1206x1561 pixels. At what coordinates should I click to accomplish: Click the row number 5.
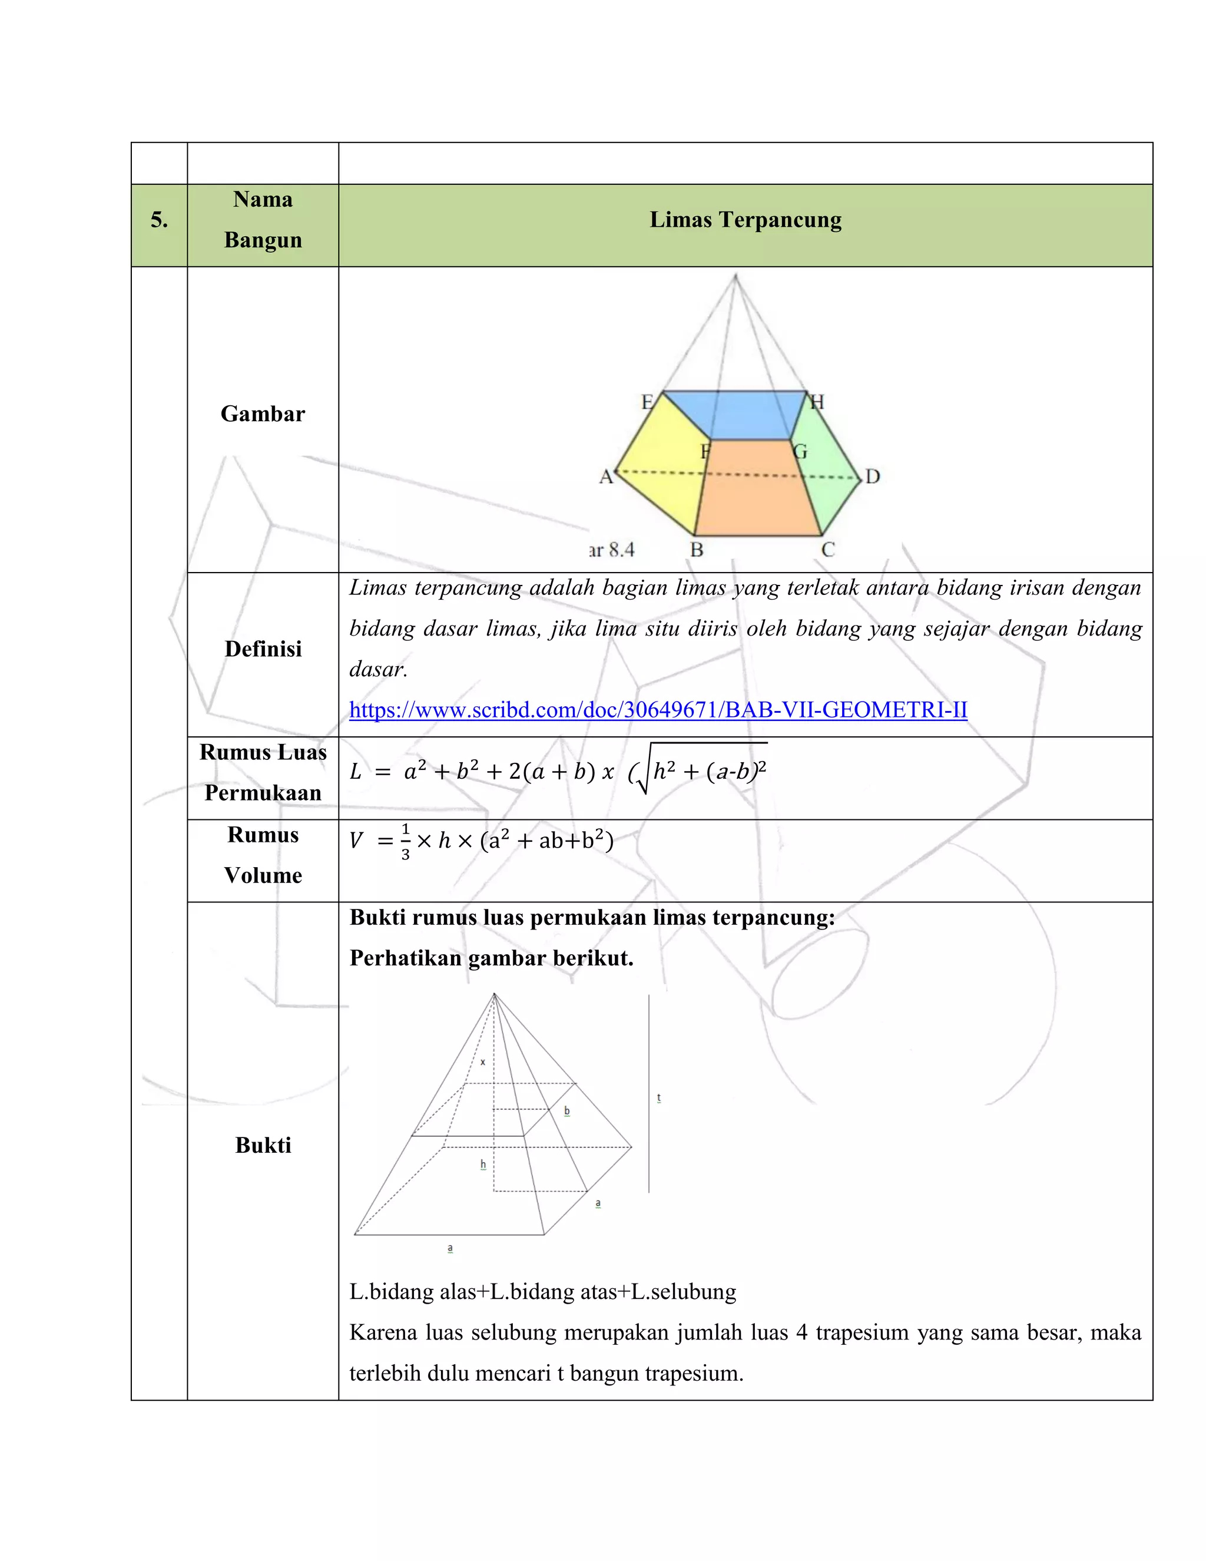click(158, 220)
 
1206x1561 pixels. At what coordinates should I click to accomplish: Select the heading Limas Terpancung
click(745, 220)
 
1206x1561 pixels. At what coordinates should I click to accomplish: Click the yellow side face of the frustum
click(661, 465)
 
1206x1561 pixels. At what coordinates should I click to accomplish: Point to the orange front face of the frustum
click(757, 493)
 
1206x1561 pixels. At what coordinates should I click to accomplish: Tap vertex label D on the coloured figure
click(872, 477)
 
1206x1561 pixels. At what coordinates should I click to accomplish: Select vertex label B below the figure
click(697, 550)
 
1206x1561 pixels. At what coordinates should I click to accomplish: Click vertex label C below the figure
click(827, 550)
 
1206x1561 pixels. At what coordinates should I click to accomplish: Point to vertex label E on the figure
click(647, 402)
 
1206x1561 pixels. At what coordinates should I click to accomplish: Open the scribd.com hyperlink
click(657, 710)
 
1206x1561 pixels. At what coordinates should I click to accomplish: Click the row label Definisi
click(263, 649)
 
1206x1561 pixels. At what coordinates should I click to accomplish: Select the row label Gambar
click(263, 414)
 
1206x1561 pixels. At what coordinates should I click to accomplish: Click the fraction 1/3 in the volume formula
click(405, 841)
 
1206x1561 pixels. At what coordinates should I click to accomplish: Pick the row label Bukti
click(263, 1145)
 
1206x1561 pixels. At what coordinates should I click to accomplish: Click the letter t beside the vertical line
click(659, 1098)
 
